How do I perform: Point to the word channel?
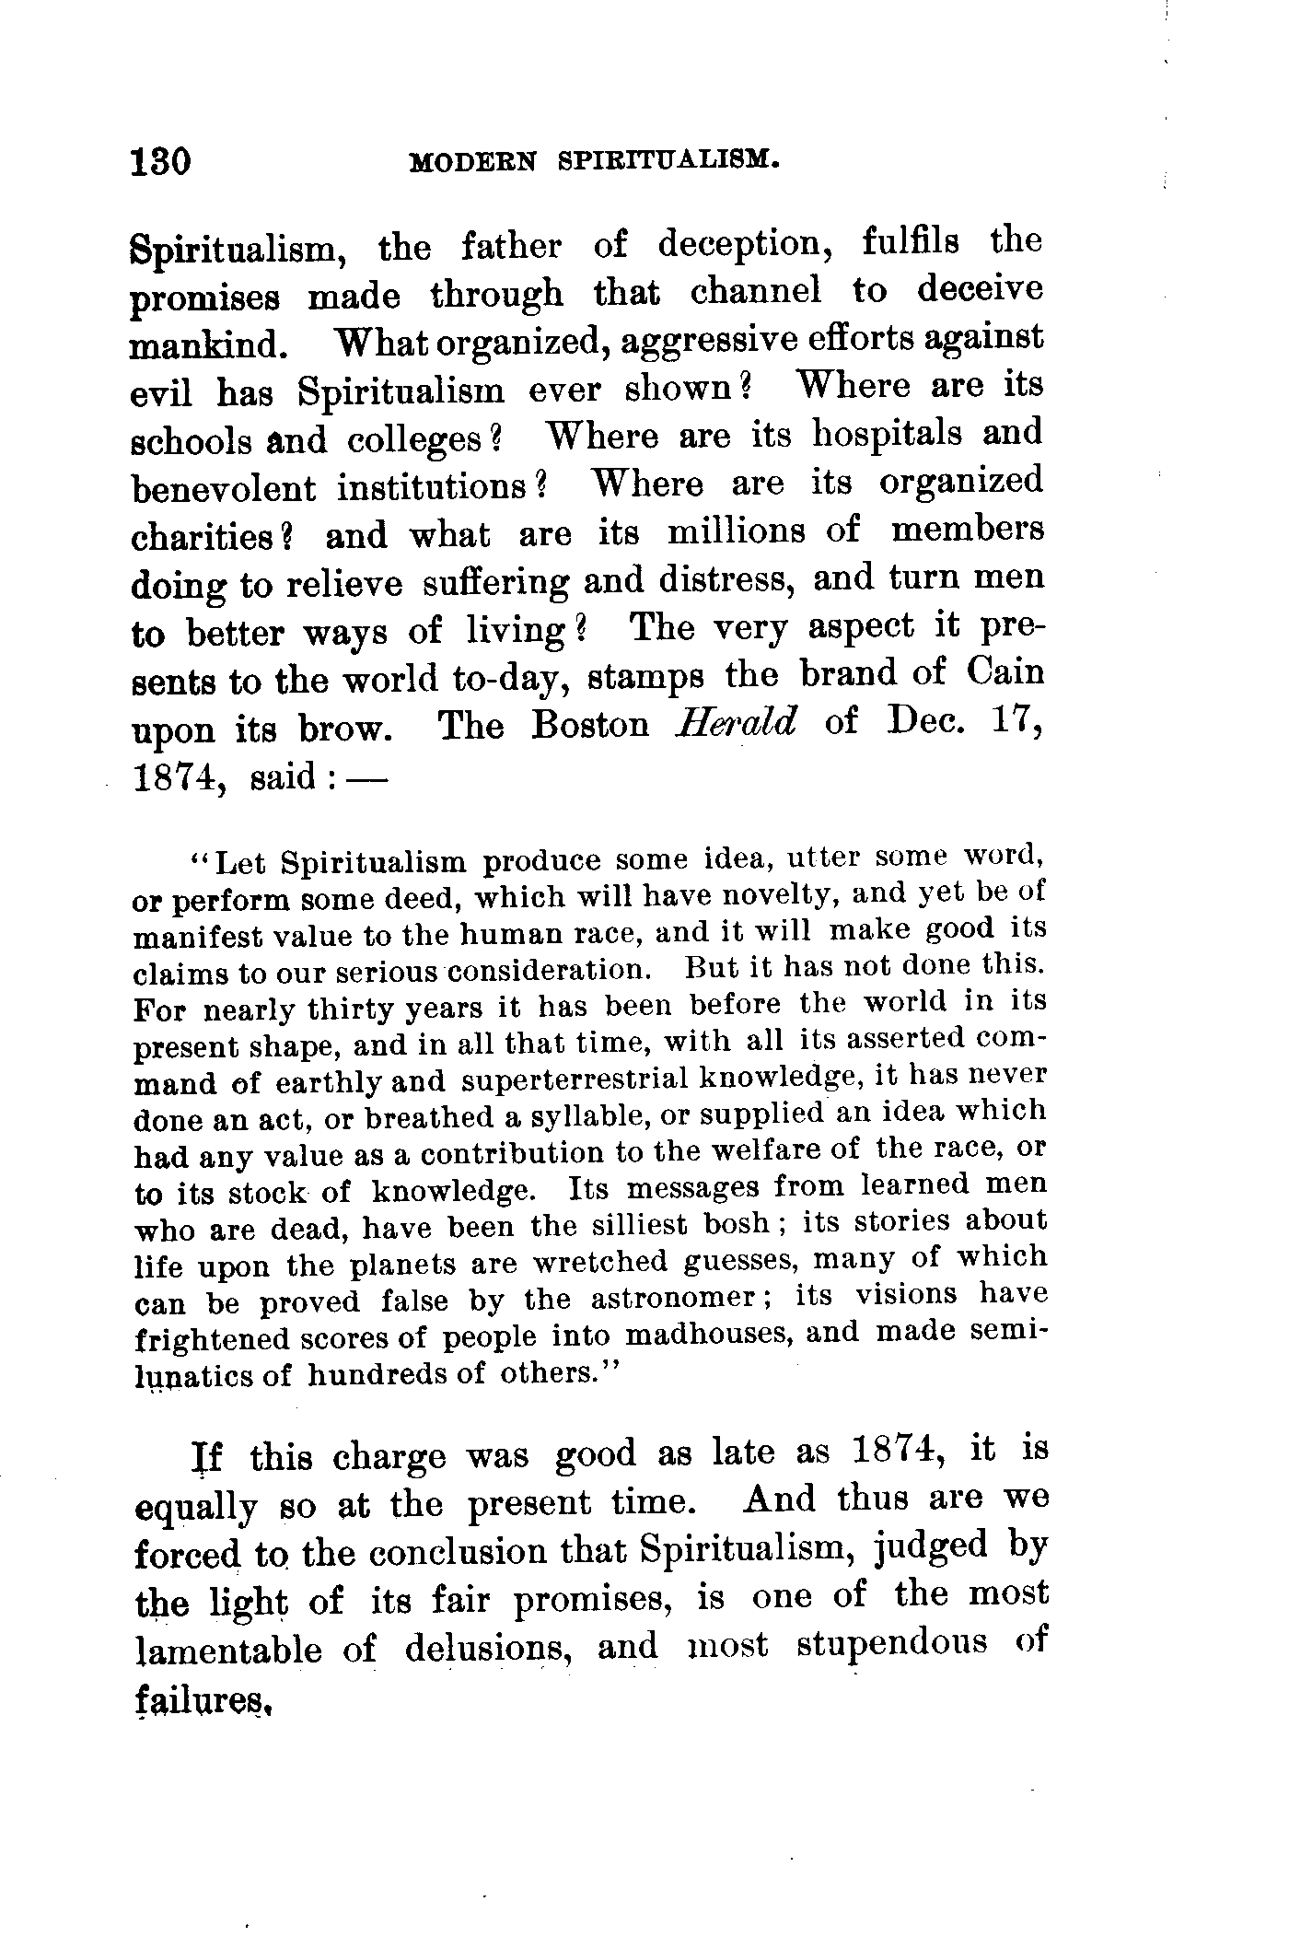point(756,292)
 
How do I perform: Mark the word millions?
point(750,531)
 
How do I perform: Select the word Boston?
point(590,725)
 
